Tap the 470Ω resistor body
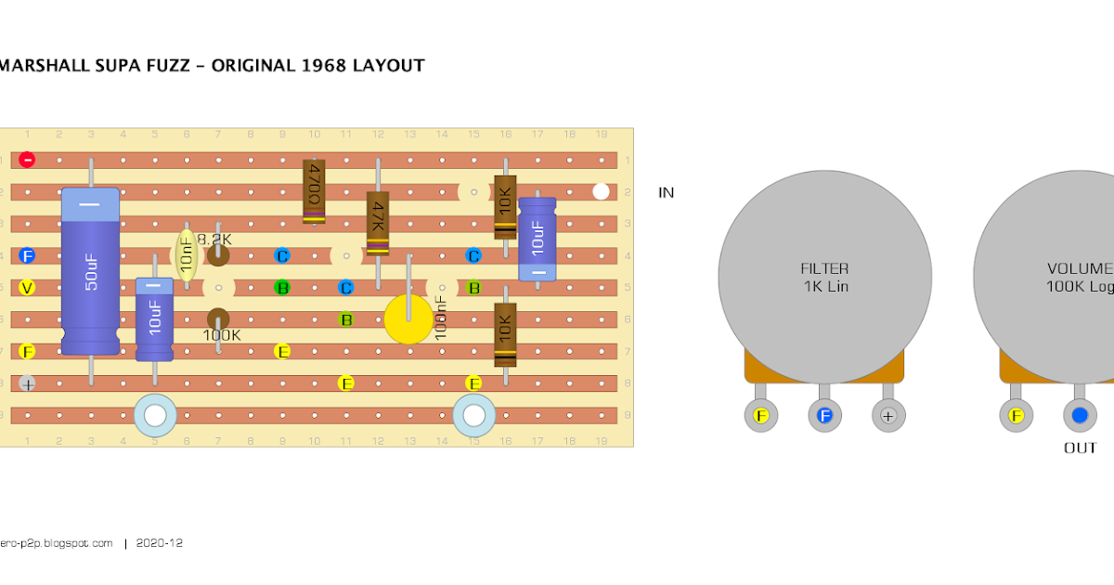coord(314,191)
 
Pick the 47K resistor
coord(378,223)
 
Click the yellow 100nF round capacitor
coord(408,319)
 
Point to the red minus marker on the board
coord(28,160)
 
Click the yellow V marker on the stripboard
coord(28,287)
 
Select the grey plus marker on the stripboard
coord(28,383)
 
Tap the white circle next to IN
coord(601,192)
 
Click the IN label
coord(666,193)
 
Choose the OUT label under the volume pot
coord(1080,448)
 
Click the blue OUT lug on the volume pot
coord(1079,415)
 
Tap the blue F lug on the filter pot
coord(824,415)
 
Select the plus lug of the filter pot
coord(888,415)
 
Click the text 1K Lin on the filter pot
coord(825,286)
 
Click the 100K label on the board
coord(222,335)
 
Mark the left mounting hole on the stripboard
coord(155,415)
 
